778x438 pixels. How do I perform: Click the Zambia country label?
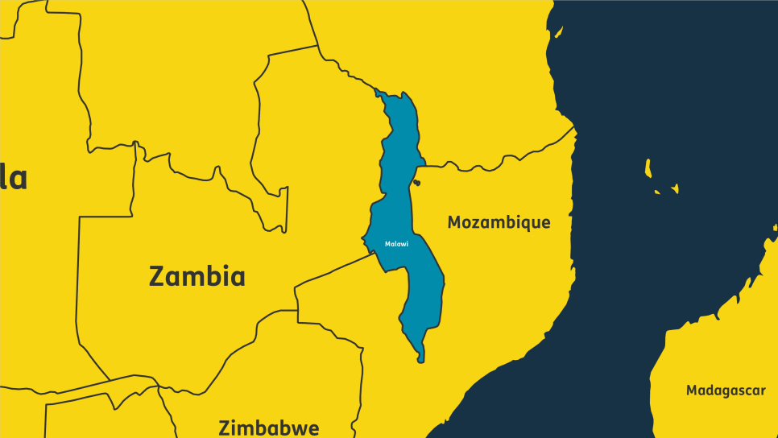tap(197, 277)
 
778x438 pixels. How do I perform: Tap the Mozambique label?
tap(499, 222)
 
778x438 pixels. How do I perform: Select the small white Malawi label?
tap(396, 244)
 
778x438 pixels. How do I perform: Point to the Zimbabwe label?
tap(269, 428)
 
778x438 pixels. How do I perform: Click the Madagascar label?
tap(726, 390)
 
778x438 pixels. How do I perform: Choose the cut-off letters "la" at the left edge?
tap(14, 177)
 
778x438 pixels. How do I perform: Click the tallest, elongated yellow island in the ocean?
tap(648, 167)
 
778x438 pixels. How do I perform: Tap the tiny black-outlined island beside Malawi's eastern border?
tap(416, 184)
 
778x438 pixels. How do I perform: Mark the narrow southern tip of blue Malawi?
tap(420, 357)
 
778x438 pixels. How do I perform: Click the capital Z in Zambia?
tap(158, 277)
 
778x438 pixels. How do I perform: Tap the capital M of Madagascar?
tap(693, 390)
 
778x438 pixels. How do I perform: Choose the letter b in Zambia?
tap(213, 277)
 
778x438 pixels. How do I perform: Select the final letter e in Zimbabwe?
tap(312, 429)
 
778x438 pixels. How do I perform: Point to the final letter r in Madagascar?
tap(763, 391)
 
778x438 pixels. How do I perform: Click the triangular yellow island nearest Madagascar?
tap(675, 189)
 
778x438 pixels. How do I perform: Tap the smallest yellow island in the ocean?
tap(657, 192)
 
